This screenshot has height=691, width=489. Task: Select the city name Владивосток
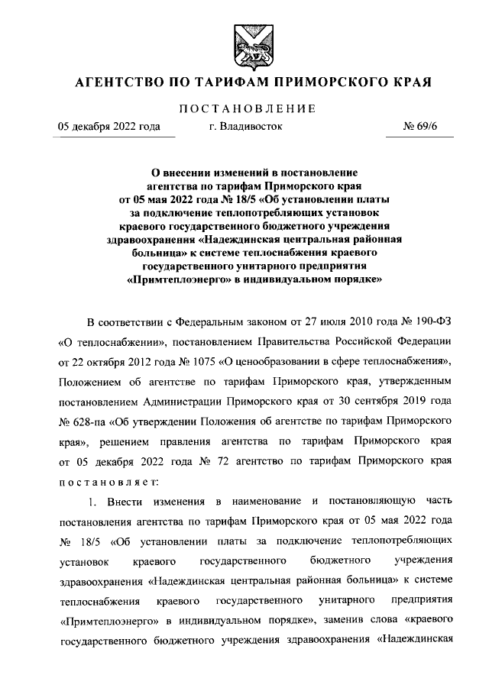[245, 127]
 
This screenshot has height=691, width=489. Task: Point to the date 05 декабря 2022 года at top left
[109, 127]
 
